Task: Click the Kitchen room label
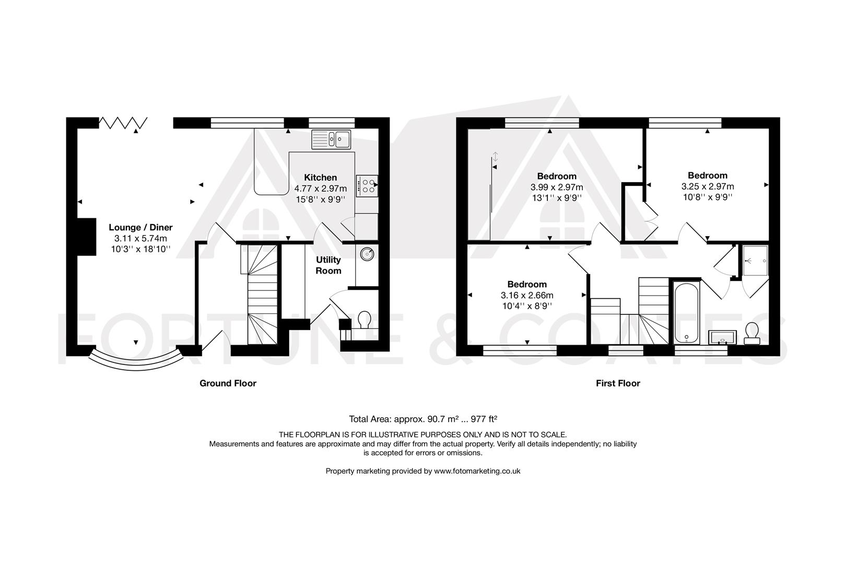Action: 321,178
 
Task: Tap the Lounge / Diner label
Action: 140,227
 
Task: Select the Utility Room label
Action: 328,265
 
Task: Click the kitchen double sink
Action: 332,139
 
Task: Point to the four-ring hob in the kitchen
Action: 367,186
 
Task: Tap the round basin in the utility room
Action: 367,254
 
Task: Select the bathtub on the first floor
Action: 686,312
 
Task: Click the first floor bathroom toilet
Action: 752,333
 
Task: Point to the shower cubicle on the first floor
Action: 756,260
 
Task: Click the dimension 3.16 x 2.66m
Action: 527,295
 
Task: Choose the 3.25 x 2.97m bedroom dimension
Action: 707,186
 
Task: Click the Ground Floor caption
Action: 228,383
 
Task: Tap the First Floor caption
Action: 618,383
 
